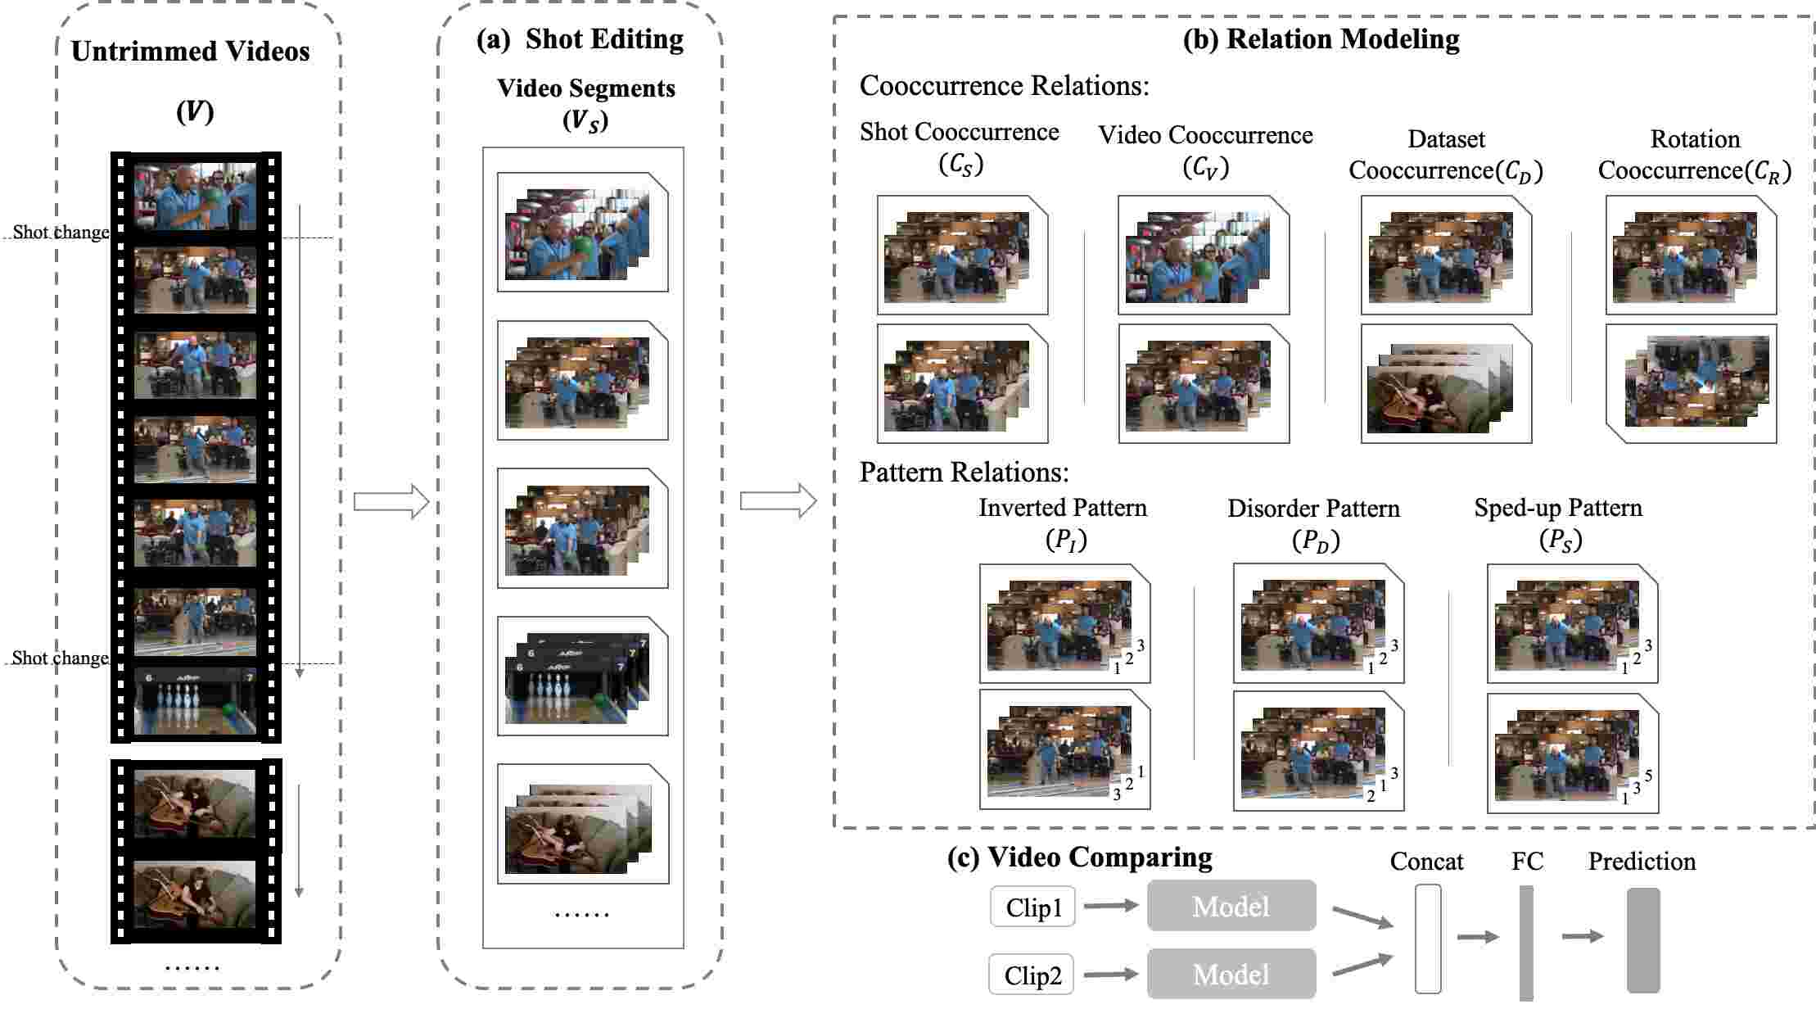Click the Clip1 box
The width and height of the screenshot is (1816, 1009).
[1032, 907]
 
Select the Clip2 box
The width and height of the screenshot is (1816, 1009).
[1032, 975]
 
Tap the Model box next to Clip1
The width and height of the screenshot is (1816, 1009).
[1231, 906]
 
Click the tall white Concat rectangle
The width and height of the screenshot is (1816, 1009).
[1428, 939]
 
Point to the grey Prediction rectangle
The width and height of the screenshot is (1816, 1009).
[1642, 941]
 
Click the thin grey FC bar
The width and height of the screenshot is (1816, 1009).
[1526, 942]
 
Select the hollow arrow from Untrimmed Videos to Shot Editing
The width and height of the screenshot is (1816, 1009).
[391, 501]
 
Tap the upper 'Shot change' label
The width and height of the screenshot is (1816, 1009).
[61, 233]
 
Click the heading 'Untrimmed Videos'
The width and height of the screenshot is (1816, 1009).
[191, 52]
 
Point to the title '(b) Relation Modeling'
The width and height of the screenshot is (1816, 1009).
[1321, 39]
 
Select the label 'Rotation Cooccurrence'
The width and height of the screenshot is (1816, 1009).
[1694, 155]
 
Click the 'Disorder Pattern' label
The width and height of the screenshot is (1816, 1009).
[1313, 509]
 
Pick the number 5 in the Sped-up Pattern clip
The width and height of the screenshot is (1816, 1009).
[1648, 776]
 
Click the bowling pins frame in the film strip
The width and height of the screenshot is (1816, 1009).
[195, 703]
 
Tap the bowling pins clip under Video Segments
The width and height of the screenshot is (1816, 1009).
[582, 676]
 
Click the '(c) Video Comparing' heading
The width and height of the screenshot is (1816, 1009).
[1079, 857]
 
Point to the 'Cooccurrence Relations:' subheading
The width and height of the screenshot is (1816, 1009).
[1004, 86]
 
